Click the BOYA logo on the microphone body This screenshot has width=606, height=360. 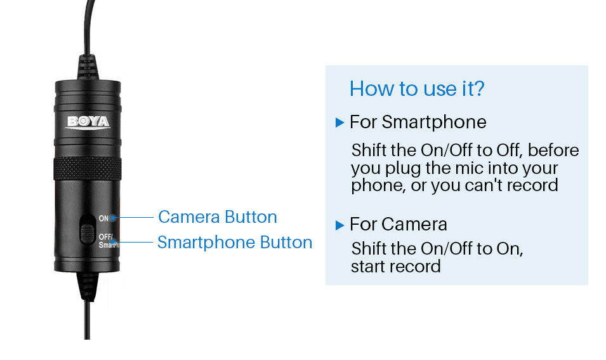click(88, 121)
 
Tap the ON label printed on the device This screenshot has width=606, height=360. click(103, 218)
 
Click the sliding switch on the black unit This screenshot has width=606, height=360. click(86, 229)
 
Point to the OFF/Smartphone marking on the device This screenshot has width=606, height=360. click(107, 240)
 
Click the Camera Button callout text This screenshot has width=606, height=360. click(217, 217)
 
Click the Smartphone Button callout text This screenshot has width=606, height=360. click(234, 243)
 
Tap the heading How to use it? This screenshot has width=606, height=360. click(416, 88)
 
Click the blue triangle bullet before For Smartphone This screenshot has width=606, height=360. click(339, 123)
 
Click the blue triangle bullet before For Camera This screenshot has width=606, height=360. click(339, 225)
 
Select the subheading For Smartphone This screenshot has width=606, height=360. click(418, 122)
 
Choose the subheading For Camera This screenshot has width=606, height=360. click(398, 224)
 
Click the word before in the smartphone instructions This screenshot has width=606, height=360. click(553, 150)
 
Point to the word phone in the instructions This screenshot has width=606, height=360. click(377, 185)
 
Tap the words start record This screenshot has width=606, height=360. click(395, 266)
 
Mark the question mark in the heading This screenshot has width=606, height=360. click(478, 88)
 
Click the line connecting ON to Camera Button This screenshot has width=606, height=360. click(135, 217)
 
